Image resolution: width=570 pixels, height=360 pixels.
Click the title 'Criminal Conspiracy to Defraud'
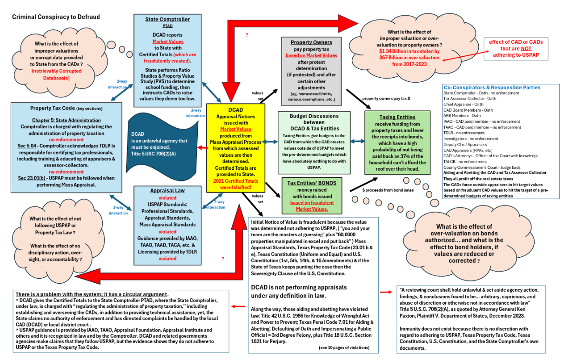point(56,17)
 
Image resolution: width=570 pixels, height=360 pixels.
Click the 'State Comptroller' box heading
point(168,20)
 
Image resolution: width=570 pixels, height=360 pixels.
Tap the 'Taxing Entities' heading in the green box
point(397,117)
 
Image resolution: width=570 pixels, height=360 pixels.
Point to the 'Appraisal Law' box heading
point(167,191)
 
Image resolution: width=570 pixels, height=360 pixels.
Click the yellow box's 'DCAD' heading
point(236,110)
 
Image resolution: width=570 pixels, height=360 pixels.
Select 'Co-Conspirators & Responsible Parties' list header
point(492,87)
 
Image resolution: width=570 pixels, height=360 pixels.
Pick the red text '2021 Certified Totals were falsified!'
point(236,184)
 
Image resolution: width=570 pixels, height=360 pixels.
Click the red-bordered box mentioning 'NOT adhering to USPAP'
point(516,48)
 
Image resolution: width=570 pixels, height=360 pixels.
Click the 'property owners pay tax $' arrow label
point(386,99)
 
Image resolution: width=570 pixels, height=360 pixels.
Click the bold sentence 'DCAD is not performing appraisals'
point(298,287)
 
